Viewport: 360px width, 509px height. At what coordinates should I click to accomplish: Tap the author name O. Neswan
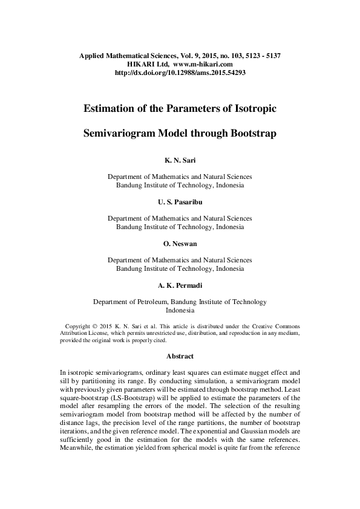(x=180, y=244)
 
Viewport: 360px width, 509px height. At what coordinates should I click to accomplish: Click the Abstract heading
(x=180, y=356)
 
